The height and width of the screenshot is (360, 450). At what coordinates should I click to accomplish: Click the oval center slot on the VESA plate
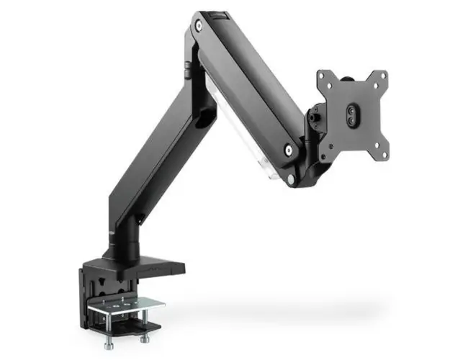coord(352,117)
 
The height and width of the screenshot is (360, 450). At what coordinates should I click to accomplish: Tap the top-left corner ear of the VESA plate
coord(325,76)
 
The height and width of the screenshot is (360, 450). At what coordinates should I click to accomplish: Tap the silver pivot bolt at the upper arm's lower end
coord(287,150)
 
